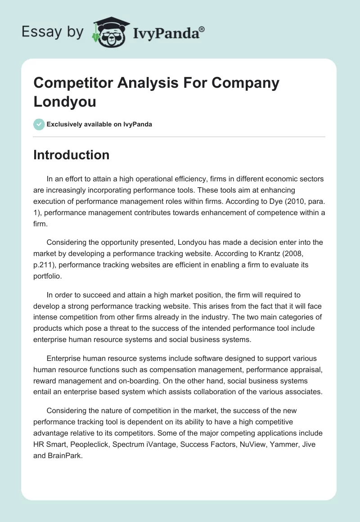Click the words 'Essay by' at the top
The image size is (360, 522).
click(x=52, y=32)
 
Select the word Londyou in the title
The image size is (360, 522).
click(x=65, y=101)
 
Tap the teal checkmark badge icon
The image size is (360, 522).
click(x=39, y=124)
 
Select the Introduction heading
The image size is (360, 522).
click(x=72, y=155)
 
